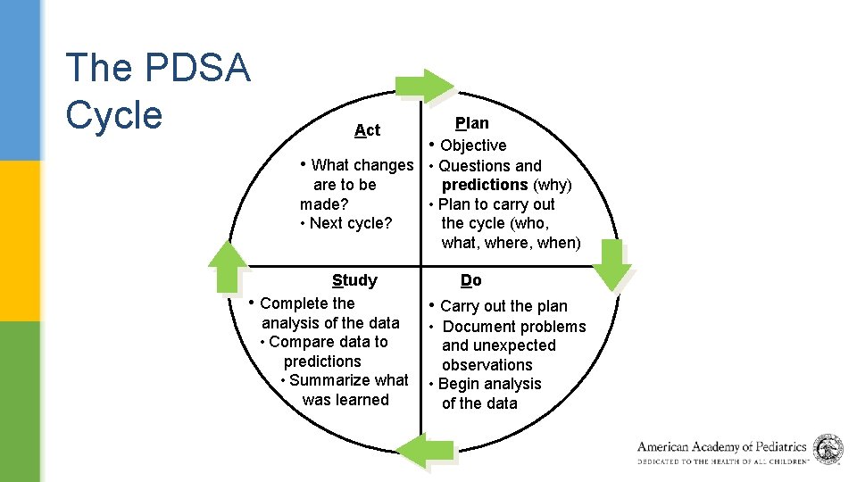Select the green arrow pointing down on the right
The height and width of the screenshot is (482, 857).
(612, 263)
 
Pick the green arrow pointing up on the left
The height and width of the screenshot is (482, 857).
(228, 266)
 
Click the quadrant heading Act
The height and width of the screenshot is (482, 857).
(367, 130)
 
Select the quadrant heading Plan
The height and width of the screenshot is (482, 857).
(471, 123)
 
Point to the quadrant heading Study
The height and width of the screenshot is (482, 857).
(354, 280)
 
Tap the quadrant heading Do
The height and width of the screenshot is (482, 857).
(470, 280)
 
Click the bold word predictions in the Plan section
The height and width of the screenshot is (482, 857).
(485, 185)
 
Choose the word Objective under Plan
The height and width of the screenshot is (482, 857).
(473, 145)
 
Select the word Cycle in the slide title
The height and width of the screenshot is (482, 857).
(114, 114)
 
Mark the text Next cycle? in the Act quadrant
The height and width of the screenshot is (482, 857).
(350, 223)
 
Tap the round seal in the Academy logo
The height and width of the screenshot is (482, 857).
(828, 450)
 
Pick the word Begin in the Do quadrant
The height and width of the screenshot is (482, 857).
(459, 384)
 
